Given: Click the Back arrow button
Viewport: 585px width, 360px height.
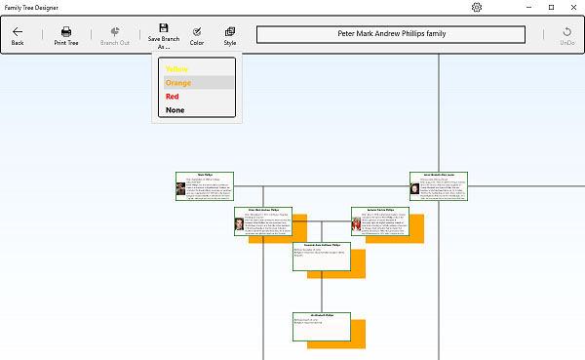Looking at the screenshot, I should click(18, 36).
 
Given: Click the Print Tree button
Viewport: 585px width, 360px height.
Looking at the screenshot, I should click(66, 36).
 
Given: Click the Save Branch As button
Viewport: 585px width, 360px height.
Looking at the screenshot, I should click(164, 36).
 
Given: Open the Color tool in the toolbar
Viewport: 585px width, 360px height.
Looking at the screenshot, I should click(197, 36).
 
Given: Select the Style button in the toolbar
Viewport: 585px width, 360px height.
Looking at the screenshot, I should click(230, 36).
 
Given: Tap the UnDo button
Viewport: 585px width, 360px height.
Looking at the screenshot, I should click(566, 36).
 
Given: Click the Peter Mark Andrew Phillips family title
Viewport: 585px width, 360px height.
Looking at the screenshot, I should click(391, 33).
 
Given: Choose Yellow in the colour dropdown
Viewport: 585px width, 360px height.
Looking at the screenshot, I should click(176, 69).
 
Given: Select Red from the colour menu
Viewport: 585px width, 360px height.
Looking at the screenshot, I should click(173, 97).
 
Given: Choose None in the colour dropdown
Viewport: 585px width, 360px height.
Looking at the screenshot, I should click(175, 110).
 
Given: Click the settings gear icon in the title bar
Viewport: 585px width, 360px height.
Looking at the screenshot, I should click(477, 7).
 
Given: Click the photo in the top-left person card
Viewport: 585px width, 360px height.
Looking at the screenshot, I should click(181, 188).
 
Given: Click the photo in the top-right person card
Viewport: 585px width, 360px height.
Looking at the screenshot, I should click(415, 188).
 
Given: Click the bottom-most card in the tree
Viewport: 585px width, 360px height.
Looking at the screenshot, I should click(322, 327).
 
